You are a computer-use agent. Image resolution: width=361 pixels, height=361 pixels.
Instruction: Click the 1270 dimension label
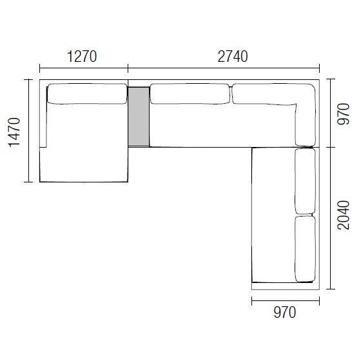tap(82, 56)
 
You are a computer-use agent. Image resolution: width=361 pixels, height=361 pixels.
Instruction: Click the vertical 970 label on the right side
tap(344, 113)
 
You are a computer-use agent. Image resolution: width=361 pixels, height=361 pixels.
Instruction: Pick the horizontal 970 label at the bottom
tap(284, 313)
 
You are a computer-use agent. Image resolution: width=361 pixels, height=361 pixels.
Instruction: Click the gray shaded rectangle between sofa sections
tap(139, 116)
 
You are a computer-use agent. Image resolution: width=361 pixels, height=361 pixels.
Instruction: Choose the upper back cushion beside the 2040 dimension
tap(305, 180)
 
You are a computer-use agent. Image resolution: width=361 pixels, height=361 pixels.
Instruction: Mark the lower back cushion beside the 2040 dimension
tap(305, 248)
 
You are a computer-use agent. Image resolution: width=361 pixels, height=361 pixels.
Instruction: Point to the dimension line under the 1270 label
tap(84, 67)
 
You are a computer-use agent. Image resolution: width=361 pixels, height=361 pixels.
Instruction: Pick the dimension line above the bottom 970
tap(285, 300)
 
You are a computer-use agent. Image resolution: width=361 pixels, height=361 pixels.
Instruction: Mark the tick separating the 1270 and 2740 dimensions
tap(128, 67)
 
